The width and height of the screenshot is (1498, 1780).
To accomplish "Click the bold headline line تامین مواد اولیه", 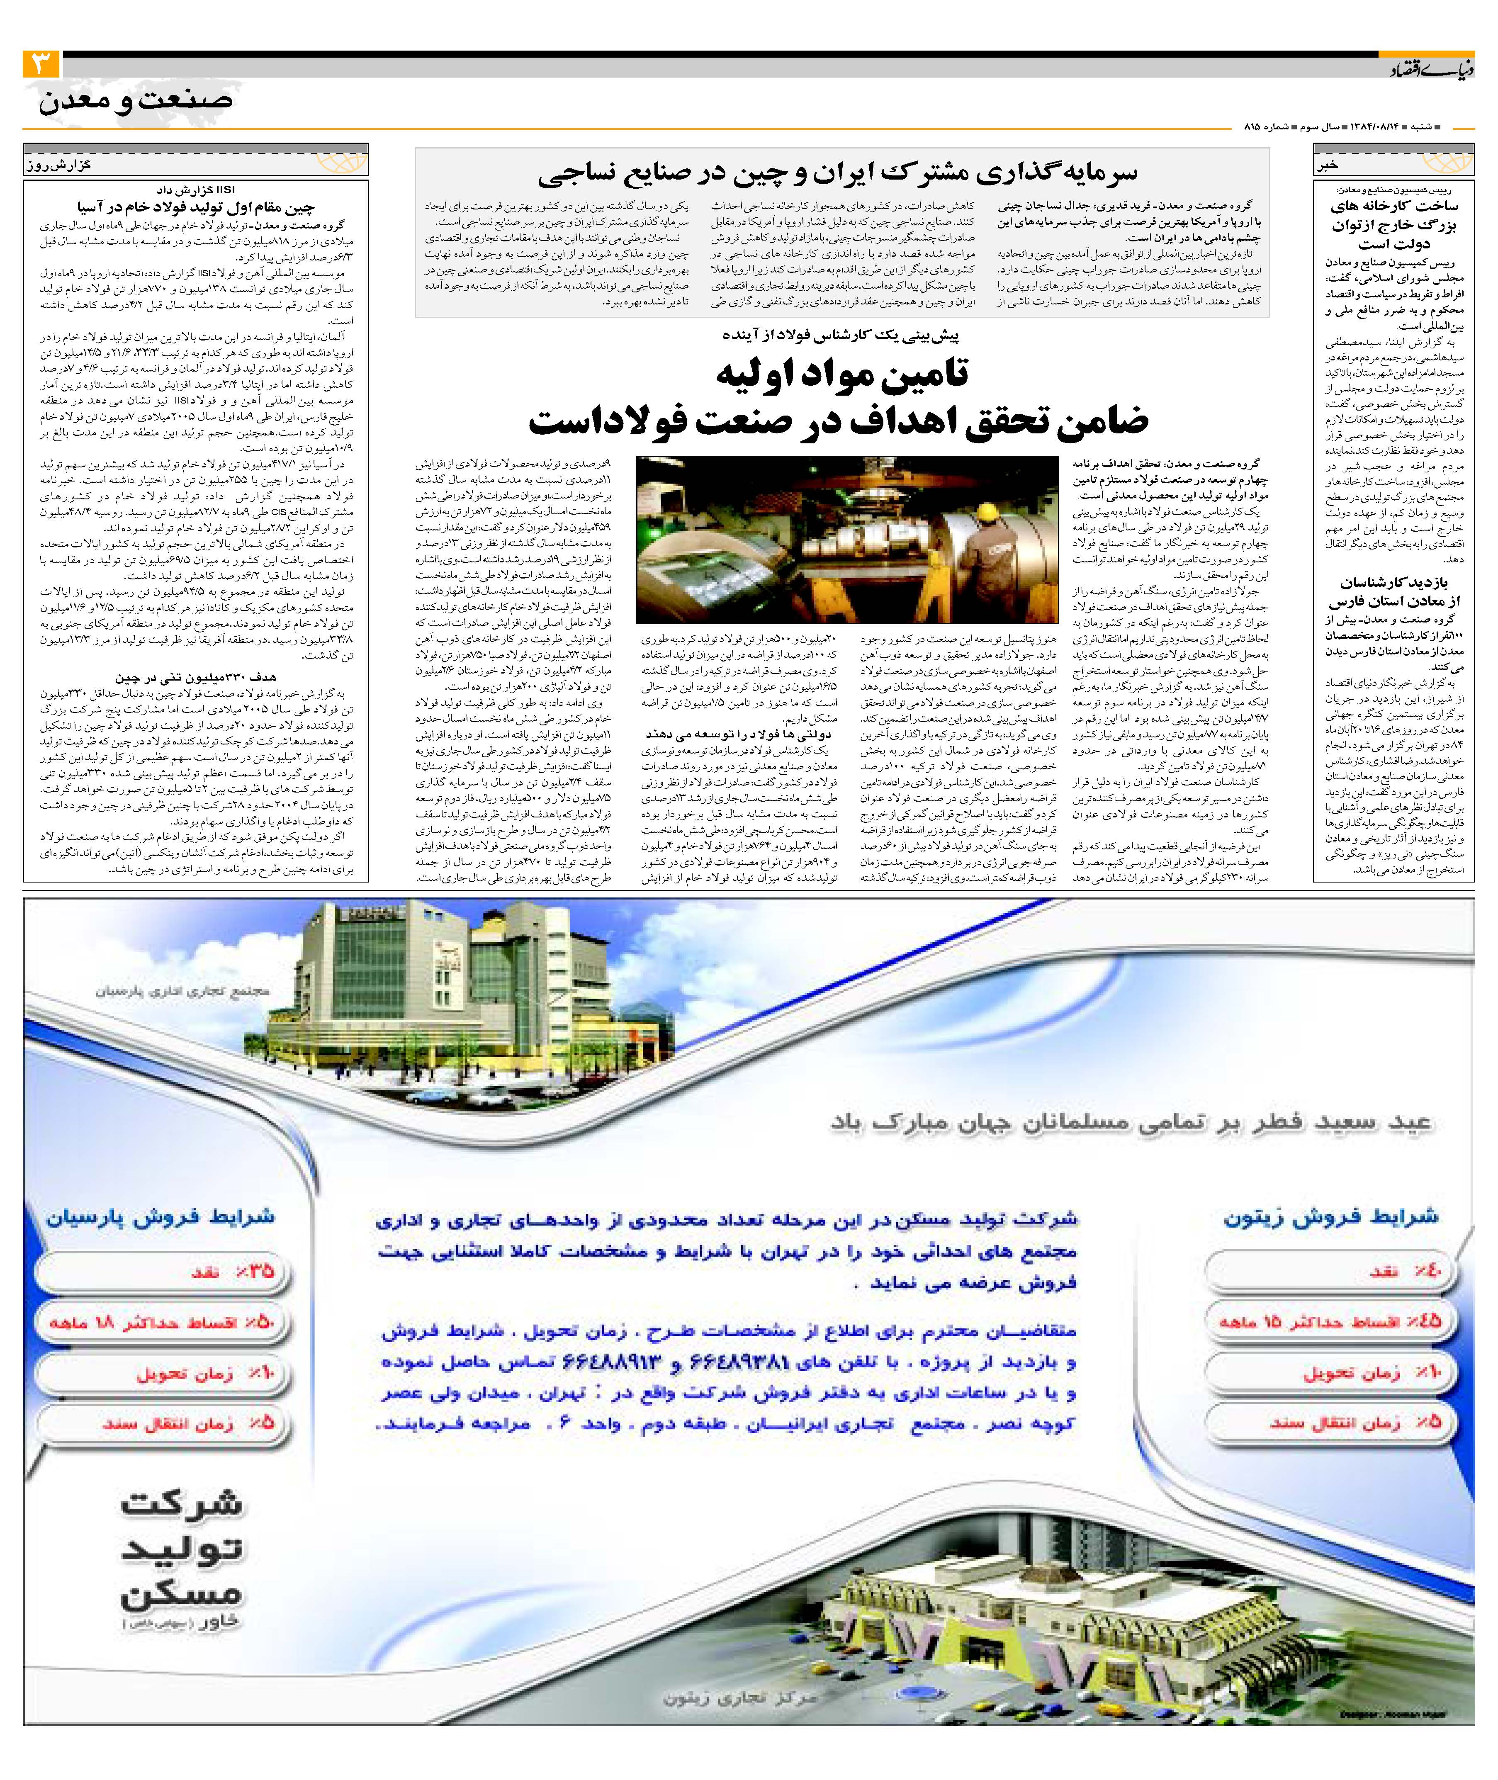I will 841,374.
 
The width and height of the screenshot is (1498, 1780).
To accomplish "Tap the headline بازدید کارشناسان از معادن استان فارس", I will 1393,592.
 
